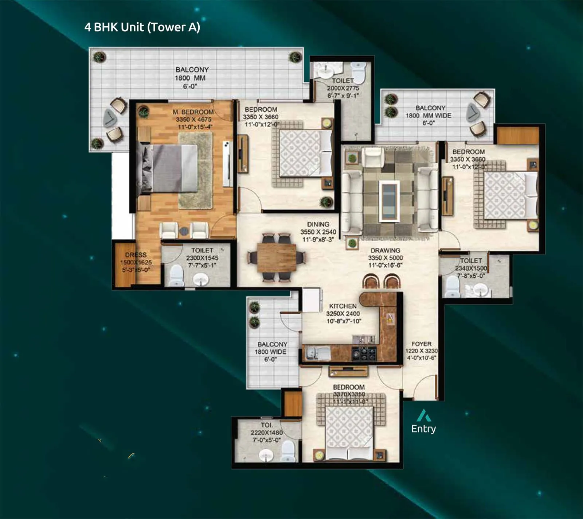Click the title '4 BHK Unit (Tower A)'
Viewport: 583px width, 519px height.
142,27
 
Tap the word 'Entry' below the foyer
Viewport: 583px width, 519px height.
423,429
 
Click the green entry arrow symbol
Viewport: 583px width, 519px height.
424,416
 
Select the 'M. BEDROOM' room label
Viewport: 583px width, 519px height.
193,112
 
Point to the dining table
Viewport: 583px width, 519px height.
277,257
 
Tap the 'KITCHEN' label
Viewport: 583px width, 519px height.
343,306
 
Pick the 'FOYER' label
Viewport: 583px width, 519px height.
421,344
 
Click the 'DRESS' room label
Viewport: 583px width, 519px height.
136,255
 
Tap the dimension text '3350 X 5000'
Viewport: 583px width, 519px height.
386,258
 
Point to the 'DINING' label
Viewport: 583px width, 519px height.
318,224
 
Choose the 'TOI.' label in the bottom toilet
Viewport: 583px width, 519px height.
267,425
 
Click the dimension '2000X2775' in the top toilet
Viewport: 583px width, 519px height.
343,88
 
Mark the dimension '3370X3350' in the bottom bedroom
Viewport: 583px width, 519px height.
349,394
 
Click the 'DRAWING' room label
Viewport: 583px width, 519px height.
385,251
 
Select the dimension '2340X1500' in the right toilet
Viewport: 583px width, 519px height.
471,268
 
